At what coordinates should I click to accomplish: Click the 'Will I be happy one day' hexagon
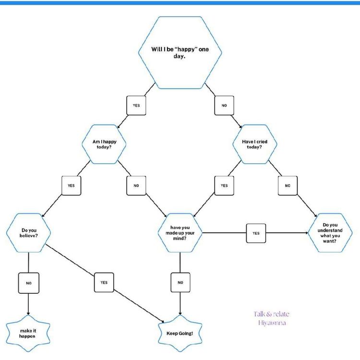(x=180, y=52)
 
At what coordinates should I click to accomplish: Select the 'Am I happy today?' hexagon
(x=104, y=144)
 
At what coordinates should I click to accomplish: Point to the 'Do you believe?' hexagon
(x=28, y=232)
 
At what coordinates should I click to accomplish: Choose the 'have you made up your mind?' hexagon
(x=180, y=232)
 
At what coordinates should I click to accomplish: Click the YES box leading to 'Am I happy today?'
(x=136, y=105)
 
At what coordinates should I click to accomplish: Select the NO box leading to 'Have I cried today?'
(x=224, y=105)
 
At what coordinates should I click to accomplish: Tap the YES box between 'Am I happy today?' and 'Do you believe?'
(x=71, y=185)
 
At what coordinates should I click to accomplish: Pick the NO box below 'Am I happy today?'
(x=136, y=185)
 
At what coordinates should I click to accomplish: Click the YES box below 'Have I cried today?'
(x=224, y=185)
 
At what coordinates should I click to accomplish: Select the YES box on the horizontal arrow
(x=256, y=233)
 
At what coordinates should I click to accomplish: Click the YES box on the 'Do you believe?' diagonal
(x=104, y=282)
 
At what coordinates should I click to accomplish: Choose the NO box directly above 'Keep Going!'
(x=180, y=282)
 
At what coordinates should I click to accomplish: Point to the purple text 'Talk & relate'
(x=272, y=314)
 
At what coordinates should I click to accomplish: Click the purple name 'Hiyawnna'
(x=272, y=323)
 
